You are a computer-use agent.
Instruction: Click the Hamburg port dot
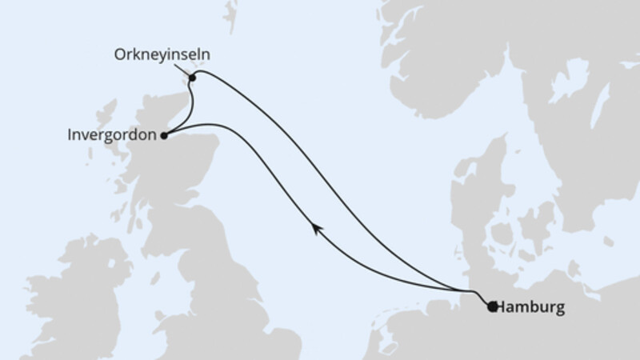click(492, 306)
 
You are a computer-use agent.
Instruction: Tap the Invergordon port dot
click(164, 135)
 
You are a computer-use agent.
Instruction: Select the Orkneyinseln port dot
click(193, 78)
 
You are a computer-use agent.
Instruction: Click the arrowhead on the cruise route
click(318, 230)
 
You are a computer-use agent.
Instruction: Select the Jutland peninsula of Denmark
click(472, 200)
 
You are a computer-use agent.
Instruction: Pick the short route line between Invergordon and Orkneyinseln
click(191, 104)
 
